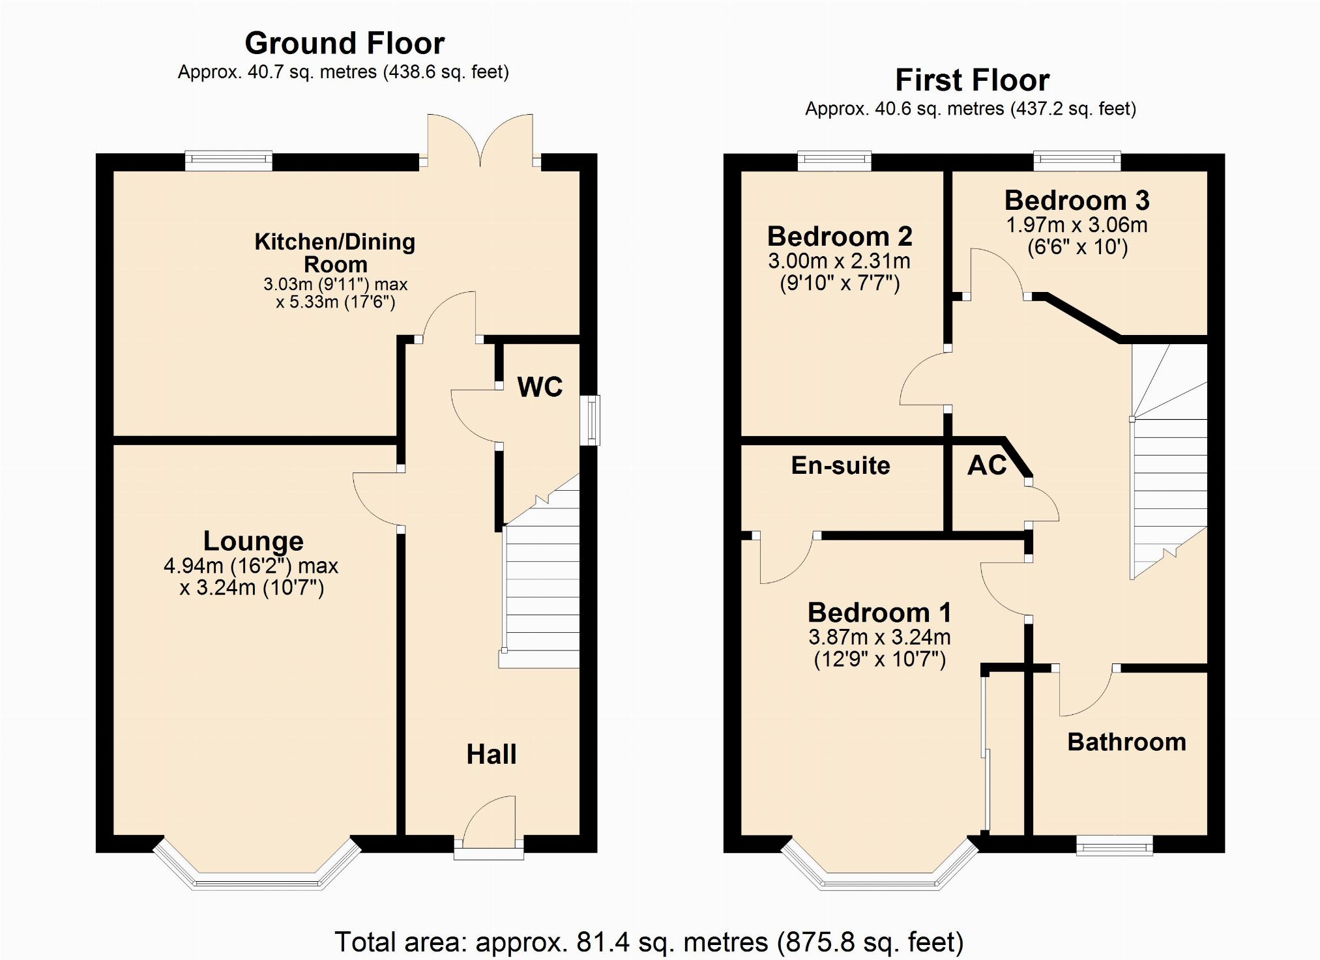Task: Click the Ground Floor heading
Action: (344, 44)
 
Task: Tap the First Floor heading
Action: (972, 80)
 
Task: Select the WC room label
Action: (540, 387)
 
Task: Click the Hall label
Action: (491, 754)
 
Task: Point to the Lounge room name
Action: (253, 541)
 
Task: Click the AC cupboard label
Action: (987, 465)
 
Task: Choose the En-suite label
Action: (840, 465)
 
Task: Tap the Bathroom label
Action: (1126, 742)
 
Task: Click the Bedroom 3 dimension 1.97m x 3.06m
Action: (1077, 225)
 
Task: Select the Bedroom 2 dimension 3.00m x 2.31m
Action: (839, 261)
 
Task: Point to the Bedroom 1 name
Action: (879, 613)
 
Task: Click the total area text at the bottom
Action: (649, 942)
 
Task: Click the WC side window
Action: (591, 420)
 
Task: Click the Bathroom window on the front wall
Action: (1114, 845)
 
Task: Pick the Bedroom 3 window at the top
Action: (1077, 160)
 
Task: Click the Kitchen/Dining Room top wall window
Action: (229, 160)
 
